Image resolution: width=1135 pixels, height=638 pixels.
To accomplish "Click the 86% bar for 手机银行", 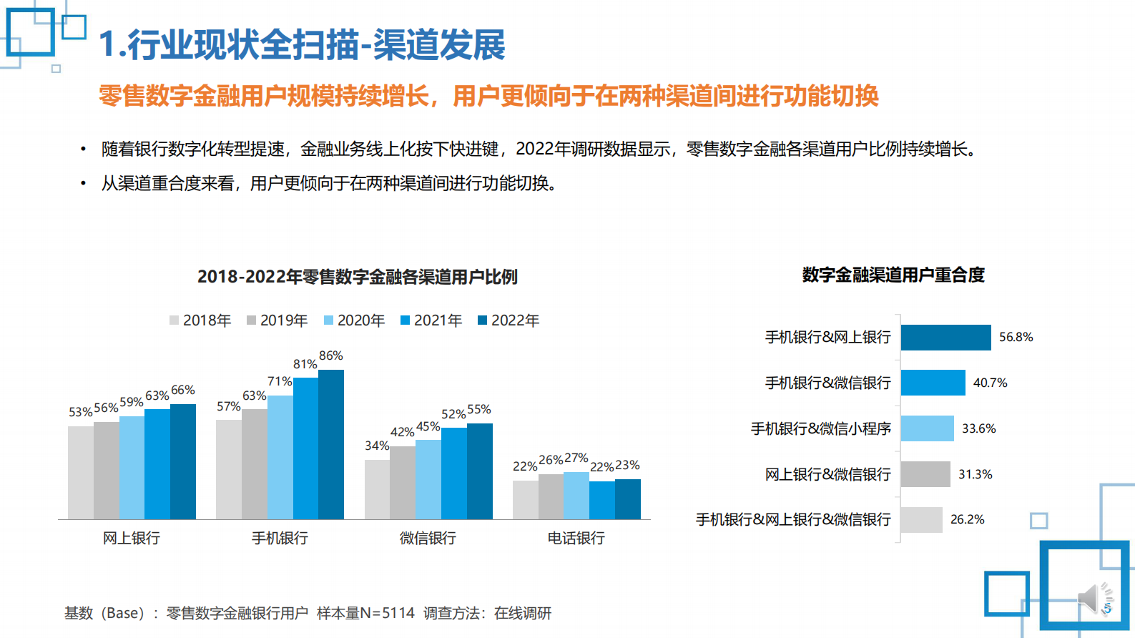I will tap(331, 444).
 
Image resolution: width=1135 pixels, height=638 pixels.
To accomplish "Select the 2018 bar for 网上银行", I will tap(81, 472).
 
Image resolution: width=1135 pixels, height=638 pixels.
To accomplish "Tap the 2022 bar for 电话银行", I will tap(628, 499).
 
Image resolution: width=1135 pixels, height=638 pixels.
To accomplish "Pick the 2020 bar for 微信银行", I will tap(428, 479).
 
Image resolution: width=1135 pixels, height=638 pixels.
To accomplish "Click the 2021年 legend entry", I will tap(431, 320).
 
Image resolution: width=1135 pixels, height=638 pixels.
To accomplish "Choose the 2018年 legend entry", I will tap(200, 320).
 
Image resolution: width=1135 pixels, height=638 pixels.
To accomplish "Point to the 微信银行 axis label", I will tap(428, 538).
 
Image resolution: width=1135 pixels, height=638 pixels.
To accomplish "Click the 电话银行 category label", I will tap(576, 538).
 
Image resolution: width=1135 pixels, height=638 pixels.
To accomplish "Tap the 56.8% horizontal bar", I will tap(945, 338).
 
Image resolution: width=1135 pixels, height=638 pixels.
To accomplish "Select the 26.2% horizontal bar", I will tap(921, 520).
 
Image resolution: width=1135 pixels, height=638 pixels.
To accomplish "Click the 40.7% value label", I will tap(990, 383).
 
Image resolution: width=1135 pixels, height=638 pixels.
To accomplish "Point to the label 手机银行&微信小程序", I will tap(820, 428).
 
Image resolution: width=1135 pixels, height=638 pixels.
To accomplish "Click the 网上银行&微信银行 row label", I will tap(827, 474).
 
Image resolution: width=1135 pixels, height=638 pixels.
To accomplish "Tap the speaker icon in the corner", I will tap(1094, 598).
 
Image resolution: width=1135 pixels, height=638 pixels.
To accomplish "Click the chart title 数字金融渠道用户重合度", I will tap(893, 275).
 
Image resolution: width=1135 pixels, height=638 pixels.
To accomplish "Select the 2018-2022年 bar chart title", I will tap(357, 277).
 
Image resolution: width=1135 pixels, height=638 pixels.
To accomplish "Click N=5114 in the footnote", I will tap(387, 613).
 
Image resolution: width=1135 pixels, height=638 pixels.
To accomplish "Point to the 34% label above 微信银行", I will tap(377, 446).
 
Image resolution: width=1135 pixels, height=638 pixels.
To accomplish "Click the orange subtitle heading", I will tap(488, 96).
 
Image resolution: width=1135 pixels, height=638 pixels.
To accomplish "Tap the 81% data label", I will tap(305, 364).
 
